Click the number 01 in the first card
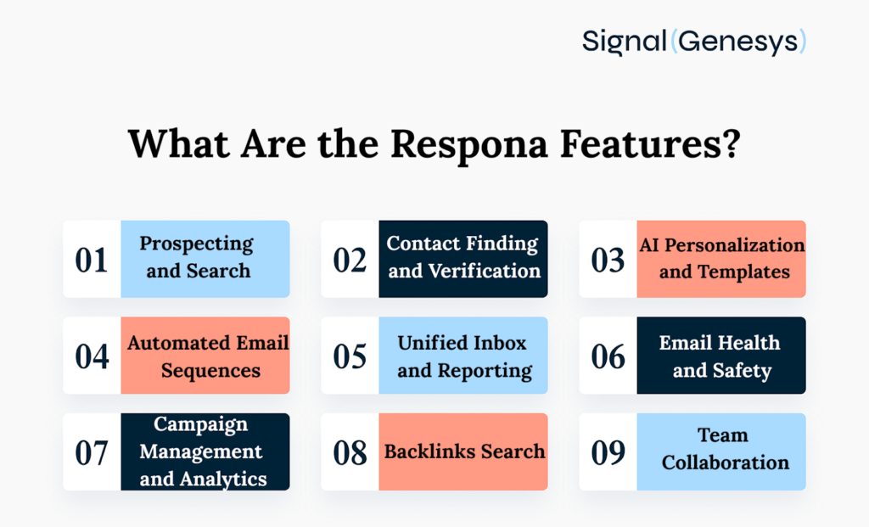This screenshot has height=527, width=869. tap(92, 260)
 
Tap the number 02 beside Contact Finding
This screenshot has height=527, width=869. tap(350, 260)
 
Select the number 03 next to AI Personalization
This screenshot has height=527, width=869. tap(608, 260)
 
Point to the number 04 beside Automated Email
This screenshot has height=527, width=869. tap(92, 356)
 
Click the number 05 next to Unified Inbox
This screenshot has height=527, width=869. tap(350, 356)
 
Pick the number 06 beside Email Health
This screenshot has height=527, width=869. tap(608, 356)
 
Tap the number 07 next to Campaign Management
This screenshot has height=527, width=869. tap(92, 452)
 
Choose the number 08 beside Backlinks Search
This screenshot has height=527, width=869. tap(350, 452)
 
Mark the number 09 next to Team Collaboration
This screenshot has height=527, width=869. tap(608, 452)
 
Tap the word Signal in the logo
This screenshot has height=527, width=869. tap(625, 41)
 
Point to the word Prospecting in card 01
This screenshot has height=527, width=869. tap(197, 245)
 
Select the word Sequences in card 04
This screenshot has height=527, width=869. tap(210, 371)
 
